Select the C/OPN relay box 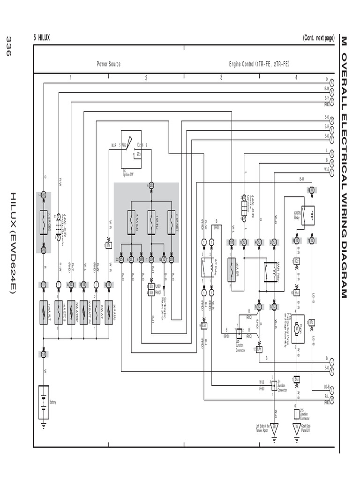308,215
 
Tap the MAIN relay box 270,271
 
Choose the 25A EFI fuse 231,267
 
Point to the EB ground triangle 274,427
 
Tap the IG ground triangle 296,427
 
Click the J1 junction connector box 274,385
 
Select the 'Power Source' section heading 108,64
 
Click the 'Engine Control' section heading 259,64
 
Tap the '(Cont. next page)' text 318,38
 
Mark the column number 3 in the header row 221,78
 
